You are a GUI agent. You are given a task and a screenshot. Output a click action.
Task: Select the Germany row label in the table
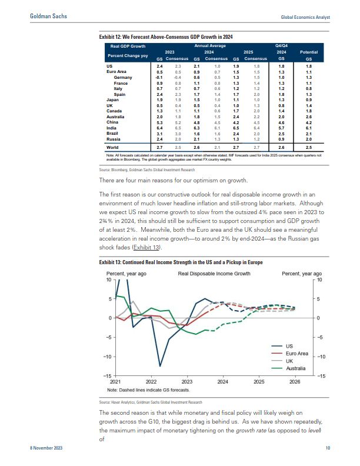click(123, 78)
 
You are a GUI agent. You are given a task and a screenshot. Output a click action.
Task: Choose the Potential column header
click(309, 52)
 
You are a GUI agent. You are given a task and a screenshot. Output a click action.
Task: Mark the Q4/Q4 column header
click(281, 45)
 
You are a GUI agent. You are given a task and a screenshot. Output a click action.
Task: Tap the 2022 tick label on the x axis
click(151, 381)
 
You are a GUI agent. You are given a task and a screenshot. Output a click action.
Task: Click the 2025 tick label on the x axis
click(259, 381)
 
